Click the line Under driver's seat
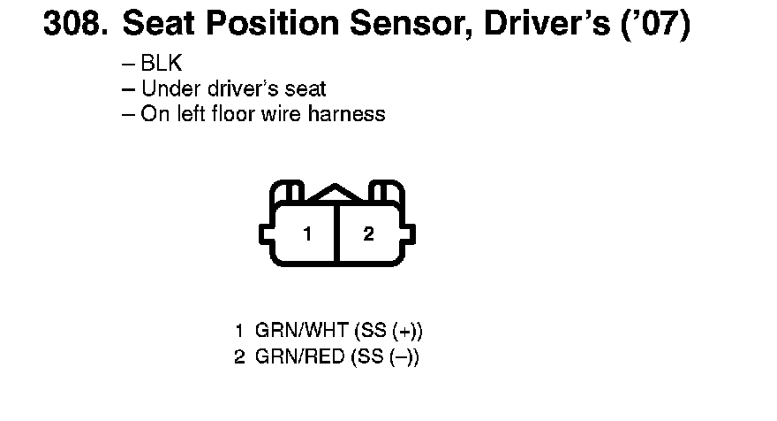click(233, 89)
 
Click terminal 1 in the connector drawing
click(306, 234)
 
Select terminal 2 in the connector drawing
click(368, 234)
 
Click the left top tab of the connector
click(288, 193)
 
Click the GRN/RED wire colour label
click(299, 358)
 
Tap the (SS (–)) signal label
click(384, 358)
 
